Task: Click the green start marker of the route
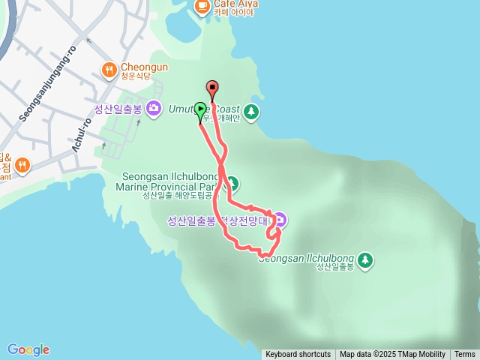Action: pos(200,109)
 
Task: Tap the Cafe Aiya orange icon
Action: pos(202,6)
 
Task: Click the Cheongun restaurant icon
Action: pos(109,71)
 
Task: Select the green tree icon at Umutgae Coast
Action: pos(251,113)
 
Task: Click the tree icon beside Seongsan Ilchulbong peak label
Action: pos(365,259)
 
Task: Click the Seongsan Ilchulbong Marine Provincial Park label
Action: pos(169,181)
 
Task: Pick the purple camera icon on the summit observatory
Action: pos(280,220)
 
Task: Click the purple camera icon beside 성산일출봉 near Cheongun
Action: pos(154,109)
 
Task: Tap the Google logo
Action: pos(28,349)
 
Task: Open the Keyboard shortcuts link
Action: pos(298,355)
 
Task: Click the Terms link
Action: pos(464,355)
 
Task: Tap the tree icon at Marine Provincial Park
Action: pos(232,183)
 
